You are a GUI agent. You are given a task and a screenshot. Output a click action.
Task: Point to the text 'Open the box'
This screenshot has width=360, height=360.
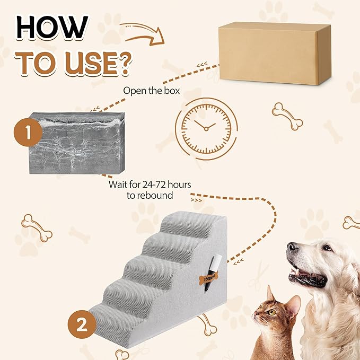tap(151, 90)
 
